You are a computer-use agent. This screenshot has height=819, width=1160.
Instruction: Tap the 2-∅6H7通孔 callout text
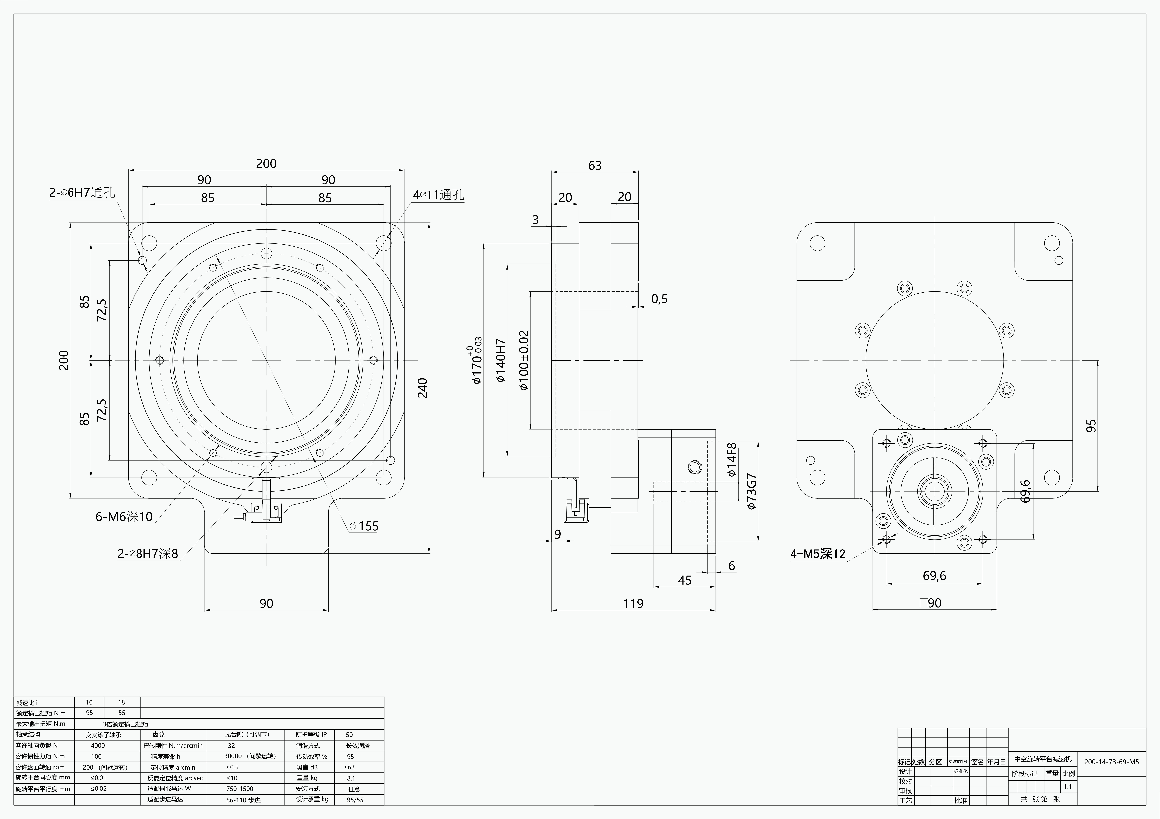pos(82,192)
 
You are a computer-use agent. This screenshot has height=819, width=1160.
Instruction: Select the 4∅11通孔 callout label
pos(438,195)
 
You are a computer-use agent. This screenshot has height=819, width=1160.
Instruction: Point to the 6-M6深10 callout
pos(124,516)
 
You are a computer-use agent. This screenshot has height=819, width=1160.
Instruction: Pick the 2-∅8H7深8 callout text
pos(148,553)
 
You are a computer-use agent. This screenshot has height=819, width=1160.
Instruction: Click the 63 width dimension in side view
pos(595,166)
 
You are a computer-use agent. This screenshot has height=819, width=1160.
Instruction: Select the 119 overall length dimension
pos(633,603)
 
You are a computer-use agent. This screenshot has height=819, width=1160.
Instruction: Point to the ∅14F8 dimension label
pos(732,460)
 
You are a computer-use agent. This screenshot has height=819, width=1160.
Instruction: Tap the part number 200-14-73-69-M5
pos(1112,762)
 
